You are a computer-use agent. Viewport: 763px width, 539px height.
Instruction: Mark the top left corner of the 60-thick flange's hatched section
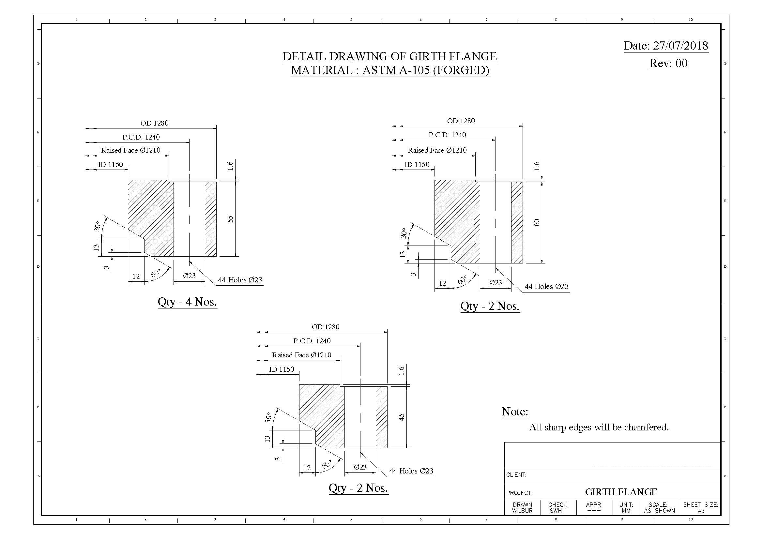(435, 180)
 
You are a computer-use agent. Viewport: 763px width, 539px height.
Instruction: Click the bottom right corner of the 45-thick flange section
(388, 448)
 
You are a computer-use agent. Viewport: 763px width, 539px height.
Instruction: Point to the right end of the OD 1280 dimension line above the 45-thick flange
(388, 332)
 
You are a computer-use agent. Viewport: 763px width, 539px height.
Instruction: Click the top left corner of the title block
(504, 442)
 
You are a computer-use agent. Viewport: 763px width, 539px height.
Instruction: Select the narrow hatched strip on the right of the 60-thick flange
(517, 222)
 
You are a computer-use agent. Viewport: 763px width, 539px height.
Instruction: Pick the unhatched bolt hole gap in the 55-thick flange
(189, 219)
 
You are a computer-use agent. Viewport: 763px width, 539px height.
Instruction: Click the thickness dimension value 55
(230, 219)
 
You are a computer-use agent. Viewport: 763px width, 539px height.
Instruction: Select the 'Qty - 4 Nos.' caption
(187, 302)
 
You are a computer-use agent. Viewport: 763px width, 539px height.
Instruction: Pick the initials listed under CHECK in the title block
(555, 511)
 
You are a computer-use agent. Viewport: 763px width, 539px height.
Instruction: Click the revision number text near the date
(669, 64)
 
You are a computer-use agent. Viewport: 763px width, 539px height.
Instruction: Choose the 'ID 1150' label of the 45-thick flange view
(282, 369)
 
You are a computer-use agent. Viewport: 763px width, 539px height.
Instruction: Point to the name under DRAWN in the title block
(522, 511)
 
